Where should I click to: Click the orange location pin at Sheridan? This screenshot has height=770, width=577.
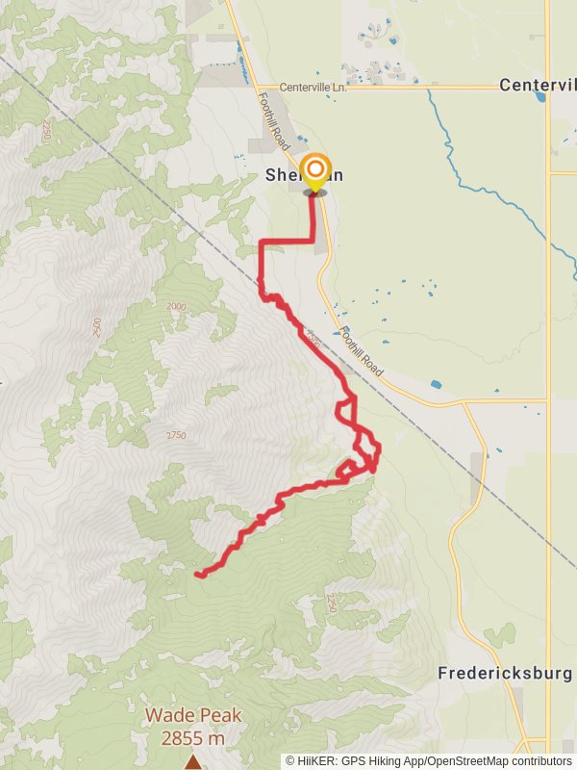point(314,173)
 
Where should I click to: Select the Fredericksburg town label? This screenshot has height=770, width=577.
point(505,673)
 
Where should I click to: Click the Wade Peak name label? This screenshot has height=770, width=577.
point(193,716)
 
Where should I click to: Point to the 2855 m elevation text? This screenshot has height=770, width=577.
point(193,737)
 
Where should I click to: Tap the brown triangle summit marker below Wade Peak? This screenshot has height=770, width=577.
point(193,762)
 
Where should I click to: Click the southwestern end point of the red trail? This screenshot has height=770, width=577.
point(197,575)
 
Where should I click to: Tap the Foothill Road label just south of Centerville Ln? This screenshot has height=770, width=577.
point(275,118)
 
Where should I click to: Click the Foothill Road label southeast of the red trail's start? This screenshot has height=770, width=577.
point(360,353)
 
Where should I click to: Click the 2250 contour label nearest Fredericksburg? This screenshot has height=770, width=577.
point(332,603)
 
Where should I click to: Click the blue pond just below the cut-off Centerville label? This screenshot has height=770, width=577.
point(540,97)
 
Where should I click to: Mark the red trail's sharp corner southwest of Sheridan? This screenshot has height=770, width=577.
point(263,243)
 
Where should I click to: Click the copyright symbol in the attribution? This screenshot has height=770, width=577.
point(291,760)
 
